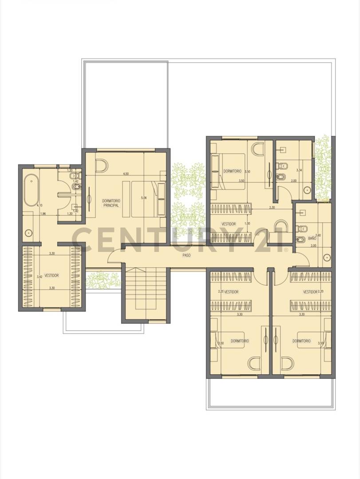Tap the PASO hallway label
pyautogui.click(x=186, y=256)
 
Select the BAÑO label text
pyautogui.click(x=312, y=238)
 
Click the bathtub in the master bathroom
pyautogui.click(x=32, y=190)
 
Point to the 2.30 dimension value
pyautogui.click(x=272, y=207)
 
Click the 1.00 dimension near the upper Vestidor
pyautogui.click(x=247, y=224)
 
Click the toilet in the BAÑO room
pyautogui.click(x=303, y=229)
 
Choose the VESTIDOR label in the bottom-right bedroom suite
pyautogui.click(x=310, y=292)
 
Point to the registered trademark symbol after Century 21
pyautogui.click(x=286, y=250)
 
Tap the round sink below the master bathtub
pyautogui.click(x=29, y=232)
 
